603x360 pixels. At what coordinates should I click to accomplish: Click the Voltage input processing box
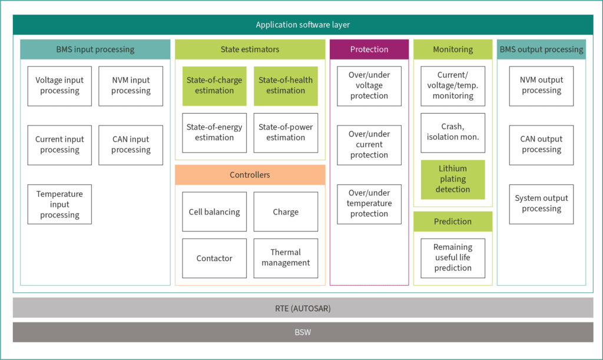(59, 86)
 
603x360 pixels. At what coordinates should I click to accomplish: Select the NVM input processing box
(131, 86)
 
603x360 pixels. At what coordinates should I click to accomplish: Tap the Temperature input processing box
(59, 204)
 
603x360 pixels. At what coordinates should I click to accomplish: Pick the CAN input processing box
(131, 145)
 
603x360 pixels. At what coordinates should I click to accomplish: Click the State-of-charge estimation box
(214, 86)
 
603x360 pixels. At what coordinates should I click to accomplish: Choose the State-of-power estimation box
(286, 133)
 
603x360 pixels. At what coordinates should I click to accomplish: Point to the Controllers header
(250, 175)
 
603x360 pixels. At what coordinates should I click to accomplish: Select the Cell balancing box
(214, 212)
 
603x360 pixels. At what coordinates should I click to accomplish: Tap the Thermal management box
(286, 258)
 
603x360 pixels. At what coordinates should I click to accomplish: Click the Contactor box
(214, 258)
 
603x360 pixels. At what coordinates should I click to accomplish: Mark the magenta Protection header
(369, 49)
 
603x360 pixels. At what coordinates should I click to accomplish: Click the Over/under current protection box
(369, 145)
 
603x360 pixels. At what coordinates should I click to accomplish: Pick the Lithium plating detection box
(453, 179)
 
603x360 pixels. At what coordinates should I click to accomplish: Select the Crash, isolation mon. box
(453, 133)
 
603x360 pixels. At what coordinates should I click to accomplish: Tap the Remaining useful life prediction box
(453, 258)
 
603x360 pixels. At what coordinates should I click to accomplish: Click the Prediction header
(453, 222)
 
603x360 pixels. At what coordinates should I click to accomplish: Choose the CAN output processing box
(541, 145)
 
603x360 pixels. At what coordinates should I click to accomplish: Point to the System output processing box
(541, 204)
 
